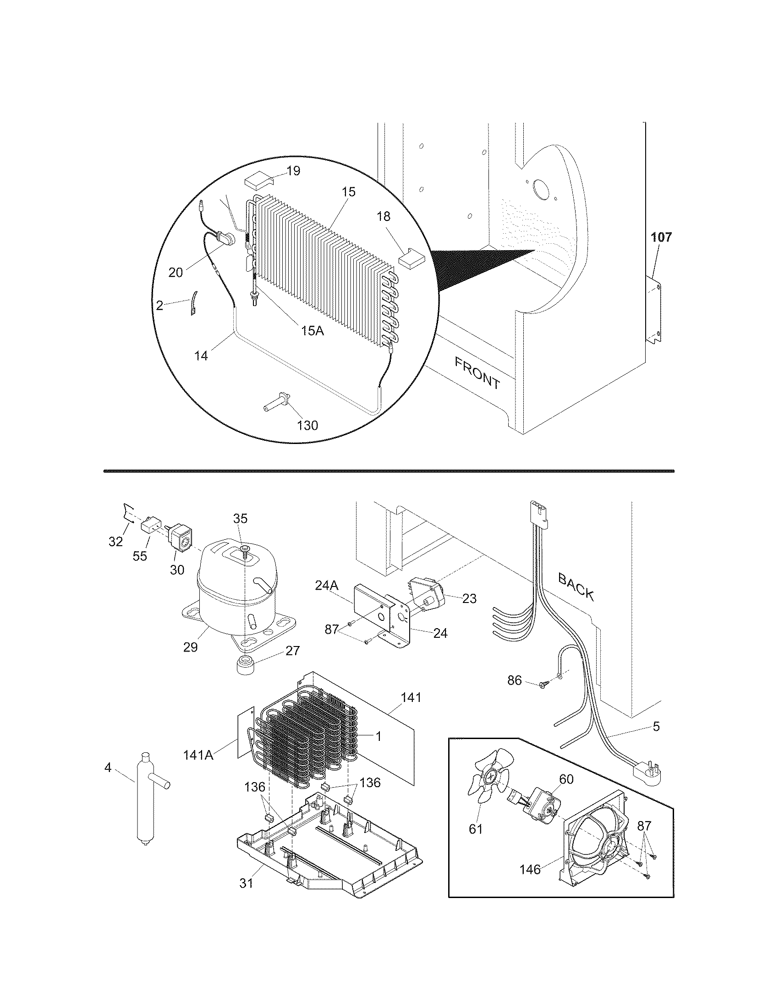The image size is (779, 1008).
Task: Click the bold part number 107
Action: coord(661,238)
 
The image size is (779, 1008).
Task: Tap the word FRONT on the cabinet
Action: coord(477,373)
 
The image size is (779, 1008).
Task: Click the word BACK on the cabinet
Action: coord(576,586)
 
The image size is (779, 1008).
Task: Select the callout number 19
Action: coord(293,171)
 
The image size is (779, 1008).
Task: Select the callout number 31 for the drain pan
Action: coord(246,883)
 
